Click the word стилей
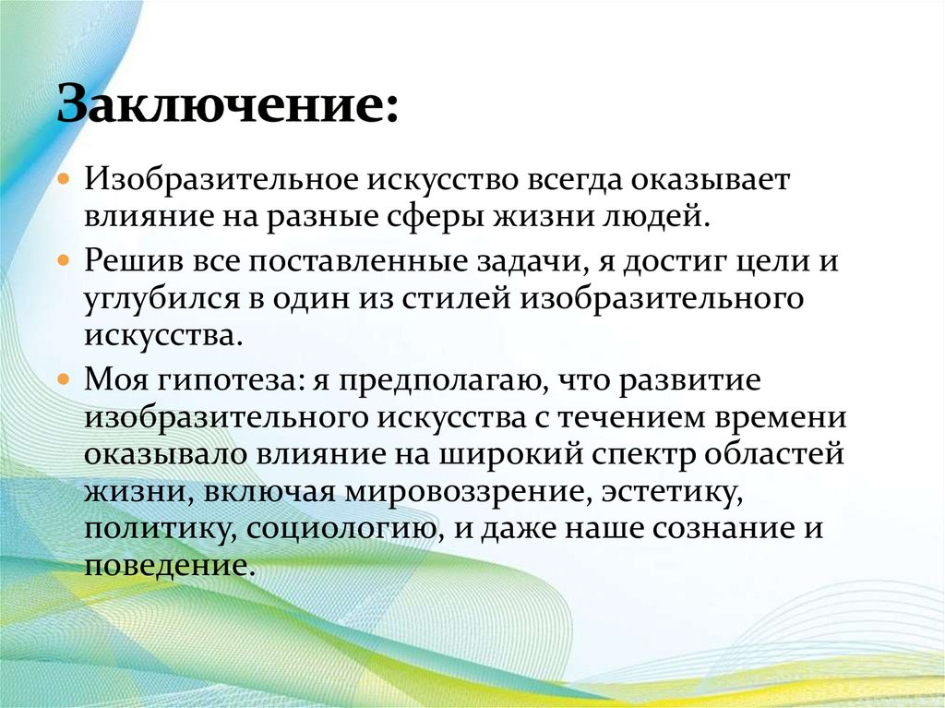(x=459, y=299)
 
